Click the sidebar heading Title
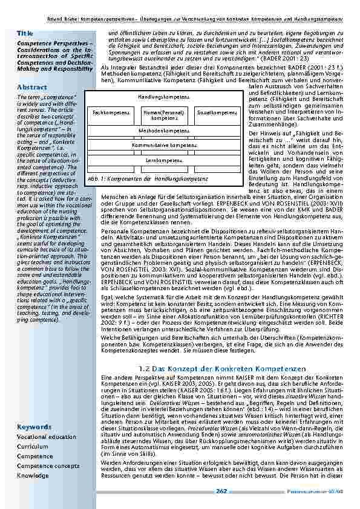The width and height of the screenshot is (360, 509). tap(25, 33)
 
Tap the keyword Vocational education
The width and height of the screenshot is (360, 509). tap(46, 436)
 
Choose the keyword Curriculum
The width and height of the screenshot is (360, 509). tap(33, 446)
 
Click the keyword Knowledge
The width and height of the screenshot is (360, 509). tap(33, 476)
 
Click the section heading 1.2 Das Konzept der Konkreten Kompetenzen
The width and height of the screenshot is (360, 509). tap(222, 368)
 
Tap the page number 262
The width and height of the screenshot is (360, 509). tap(221, 491)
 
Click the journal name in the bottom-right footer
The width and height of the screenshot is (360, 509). tap(324, 491)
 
